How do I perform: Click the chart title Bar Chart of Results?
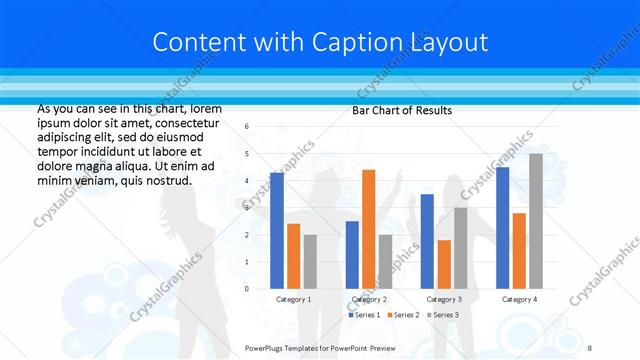click(x=402, y=110)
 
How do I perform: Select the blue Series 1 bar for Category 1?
click(x=277, y=231)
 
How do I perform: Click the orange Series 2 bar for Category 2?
click(x=368, y=229)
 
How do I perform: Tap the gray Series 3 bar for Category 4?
click(x=536, y=221)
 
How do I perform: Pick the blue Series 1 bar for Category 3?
click(x=427, y=241)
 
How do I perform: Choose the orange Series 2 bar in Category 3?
click(x=444, y=264)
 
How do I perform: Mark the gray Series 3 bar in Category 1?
click(x=310, y=262)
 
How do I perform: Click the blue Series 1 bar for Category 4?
click(x=502, y=228)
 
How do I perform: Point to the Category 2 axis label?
click(x=369, y=299)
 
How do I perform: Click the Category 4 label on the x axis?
click(x=519, y=299)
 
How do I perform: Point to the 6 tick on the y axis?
click(x=247, y=126)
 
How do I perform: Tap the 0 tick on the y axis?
click(x=247, y=289)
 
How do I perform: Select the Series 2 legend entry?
click(x=404, y=315)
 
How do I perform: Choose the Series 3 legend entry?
click(x=444, y=315)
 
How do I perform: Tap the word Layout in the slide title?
click(x=447, y=42)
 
